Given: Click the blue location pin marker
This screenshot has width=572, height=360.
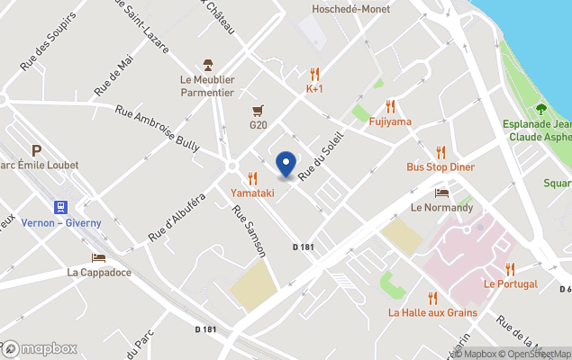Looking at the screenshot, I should tap(286, 165).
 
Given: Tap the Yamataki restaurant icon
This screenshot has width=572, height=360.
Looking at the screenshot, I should tap(252, 178).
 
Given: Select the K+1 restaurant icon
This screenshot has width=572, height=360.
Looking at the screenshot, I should tap(314, 75).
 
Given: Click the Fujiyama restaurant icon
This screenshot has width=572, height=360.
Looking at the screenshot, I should tap(390, 106).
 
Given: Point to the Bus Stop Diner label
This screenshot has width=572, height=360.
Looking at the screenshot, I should tap(440, 167).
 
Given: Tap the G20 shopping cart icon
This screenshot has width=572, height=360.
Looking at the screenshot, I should tap(259, 110).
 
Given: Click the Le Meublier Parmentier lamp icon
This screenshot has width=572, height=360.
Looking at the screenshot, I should tap(207, 64).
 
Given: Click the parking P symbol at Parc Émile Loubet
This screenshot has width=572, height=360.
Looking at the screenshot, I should tap(37, 150).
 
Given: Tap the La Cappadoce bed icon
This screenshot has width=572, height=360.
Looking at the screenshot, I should tap(98, 257).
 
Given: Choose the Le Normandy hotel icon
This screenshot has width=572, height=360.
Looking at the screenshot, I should tap(441, 193).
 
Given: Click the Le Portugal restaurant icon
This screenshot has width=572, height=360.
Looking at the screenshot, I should tap(510, 268).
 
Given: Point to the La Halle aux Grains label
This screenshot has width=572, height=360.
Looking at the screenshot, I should tap(432, 313).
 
